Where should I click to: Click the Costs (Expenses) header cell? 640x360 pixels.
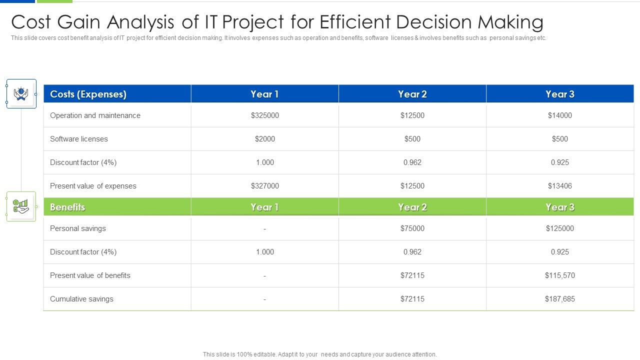pos(88,94)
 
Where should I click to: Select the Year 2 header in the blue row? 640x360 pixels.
pos(412,94)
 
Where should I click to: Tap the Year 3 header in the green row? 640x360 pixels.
pos(559,207)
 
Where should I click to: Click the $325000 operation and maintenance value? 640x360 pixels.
pos(264,115)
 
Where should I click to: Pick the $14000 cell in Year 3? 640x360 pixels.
pos(559,115)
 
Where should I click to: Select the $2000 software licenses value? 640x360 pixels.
pos(264,139)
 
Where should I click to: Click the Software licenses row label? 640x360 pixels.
pos(79,139)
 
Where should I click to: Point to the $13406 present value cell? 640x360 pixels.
pos(559,186)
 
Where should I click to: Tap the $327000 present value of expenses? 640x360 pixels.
pos(264,186)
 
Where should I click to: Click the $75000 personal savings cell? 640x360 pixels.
pos(412,228)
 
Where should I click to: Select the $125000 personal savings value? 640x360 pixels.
pos(559,228)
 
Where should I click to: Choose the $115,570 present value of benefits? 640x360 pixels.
pos(559,275)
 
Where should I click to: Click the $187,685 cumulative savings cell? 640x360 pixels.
pos(559,299)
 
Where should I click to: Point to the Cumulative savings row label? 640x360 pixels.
pos(81,299)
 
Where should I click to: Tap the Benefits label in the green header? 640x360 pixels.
pos(67,207)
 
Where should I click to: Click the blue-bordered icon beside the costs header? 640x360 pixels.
pos(21,94)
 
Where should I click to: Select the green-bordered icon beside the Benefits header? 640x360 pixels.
pos(21,206)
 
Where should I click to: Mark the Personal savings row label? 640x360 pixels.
pos(78,228)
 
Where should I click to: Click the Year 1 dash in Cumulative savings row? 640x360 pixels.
pos(264,299)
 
